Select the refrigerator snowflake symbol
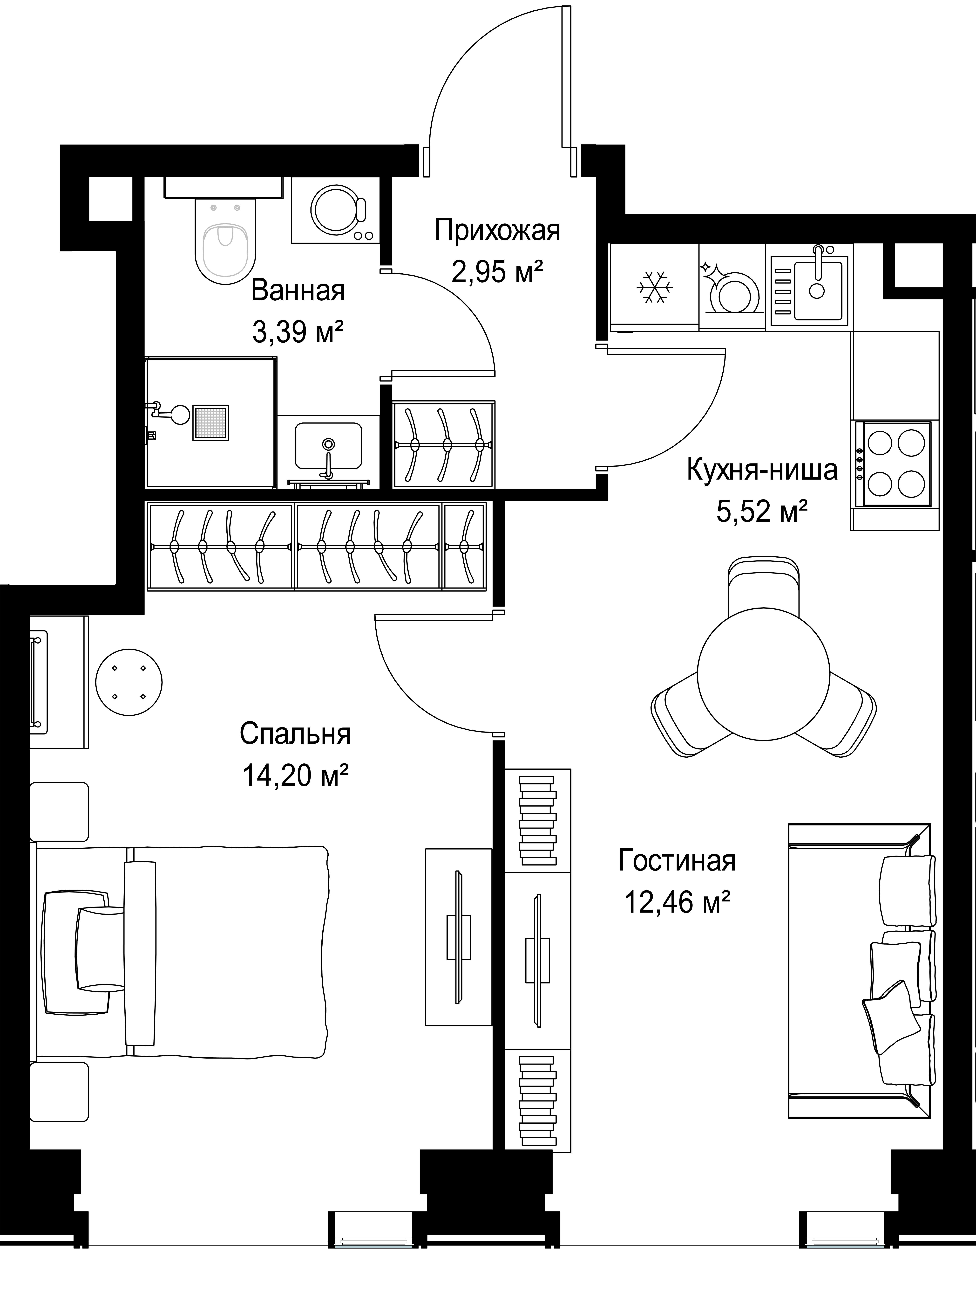point(655,287)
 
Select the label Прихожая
point(497,230)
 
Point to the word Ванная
point(298,291)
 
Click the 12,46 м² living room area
point(677,903)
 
